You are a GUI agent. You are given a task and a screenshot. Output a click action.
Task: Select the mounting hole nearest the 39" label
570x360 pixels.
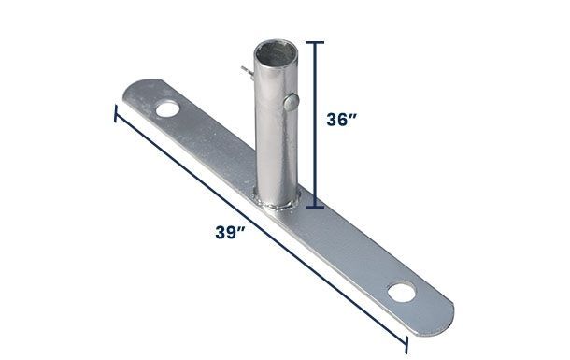(169, 109)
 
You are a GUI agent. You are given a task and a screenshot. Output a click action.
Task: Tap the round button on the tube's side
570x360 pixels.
(291, 100)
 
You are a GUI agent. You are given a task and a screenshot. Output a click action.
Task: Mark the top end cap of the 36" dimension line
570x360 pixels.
(317, 42)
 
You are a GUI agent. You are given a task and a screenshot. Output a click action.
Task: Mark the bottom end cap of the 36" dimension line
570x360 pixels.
(317, 205)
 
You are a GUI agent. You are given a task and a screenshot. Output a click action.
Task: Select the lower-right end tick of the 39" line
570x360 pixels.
(408, 347)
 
